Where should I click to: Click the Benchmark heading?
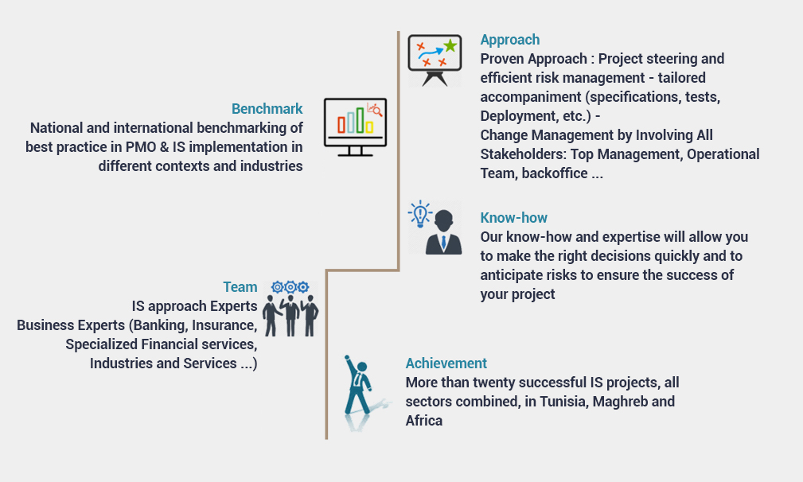267,109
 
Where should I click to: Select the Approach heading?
509,40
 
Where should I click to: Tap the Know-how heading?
513,218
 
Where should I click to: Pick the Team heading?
240,287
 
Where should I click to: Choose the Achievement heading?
446,363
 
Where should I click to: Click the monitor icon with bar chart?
355,127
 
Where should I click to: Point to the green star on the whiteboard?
450,46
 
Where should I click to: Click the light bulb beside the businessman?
420,215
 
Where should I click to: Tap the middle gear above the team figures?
290,287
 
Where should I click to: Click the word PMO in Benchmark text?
140,147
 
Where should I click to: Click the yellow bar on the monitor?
369,126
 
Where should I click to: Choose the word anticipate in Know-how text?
509,275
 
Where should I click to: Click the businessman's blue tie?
443,242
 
